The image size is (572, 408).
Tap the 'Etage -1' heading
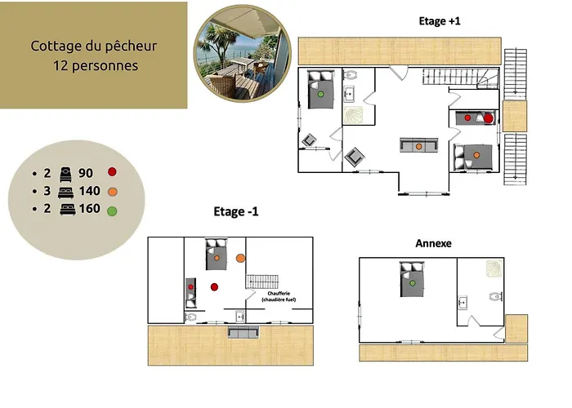click(236, 212)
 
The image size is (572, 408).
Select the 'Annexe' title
click(433, 243)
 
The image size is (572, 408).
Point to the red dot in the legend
click(112, 172)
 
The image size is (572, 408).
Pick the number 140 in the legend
click(89, 191)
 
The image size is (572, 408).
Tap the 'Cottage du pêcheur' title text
click(94, 46)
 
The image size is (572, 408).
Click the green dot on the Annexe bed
click(413, 282)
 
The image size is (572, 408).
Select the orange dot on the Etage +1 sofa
click(418, 146)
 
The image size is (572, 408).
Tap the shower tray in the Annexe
click(494, 268)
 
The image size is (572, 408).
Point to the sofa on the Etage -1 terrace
click(244, 333)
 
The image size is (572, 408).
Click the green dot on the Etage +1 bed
click(322, 94)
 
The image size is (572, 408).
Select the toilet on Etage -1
click(190, 317)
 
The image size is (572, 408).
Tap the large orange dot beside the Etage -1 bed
click(240, 258)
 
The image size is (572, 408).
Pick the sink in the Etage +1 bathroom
click(350, 92)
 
